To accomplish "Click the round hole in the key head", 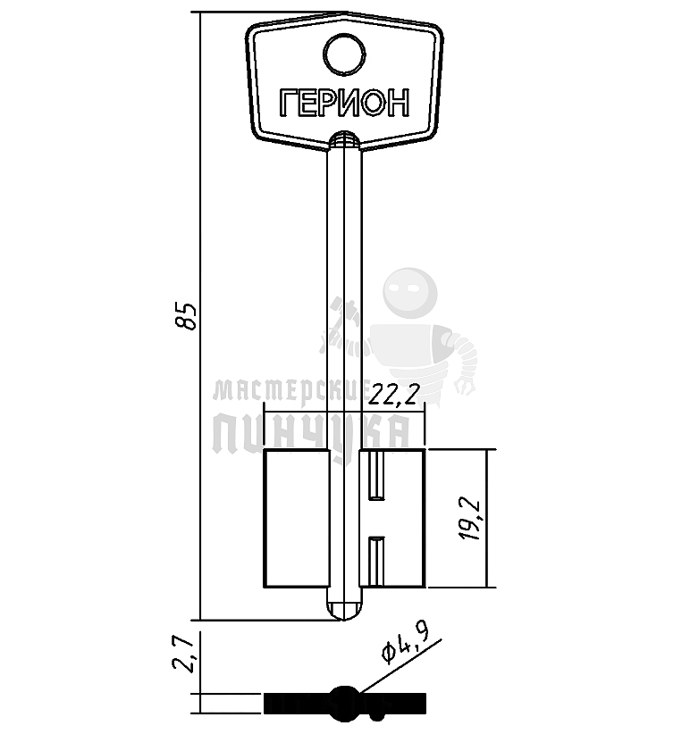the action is pyautogui.click(x=344, y=54).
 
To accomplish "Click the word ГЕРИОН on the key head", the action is pyautogui.click(x=344, y=103).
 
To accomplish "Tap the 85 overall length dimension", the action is pyautogui.click(x=188, y=317).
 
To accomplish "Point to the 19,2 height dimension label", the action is pyautogui.click(x=470, y=520).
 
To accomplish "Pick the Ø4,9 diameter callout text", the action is pyautogui.click(x=405, y=645).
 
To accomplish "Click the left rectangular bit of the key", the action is pyautogui.click(x=297, y=518).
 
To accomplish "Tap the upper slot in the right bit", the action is pyautogui.click(x=376, y=475).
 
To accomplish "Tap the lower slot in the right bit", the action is pyautogui.click(x=376, y=562).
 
